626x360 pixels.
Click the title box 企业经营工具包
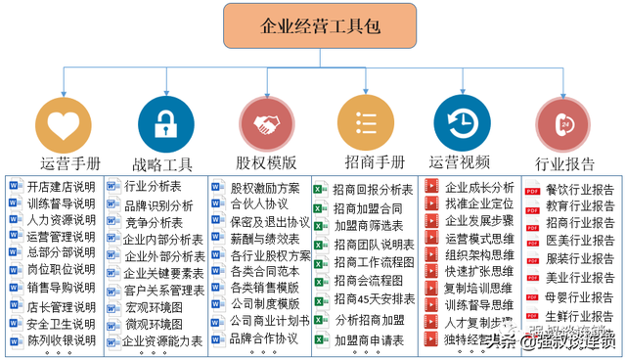(x=312, y=25)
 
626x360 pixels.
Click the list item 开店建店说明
(x=61, y=187)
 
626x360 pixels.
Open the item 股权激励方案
(x=265, y=188)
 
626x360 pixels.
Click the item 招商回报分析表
(x=373, y=189)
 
